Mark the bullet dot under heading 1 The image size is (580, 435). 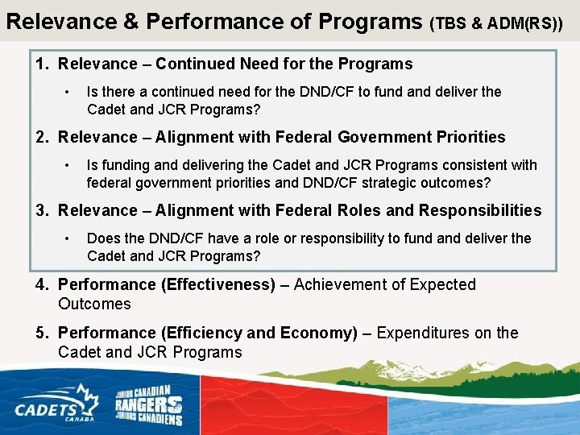coord(69,92)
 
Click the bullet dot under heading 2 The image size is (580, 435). coord(69,165)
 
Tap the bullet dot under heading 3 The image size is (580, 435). coord(69,238)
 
